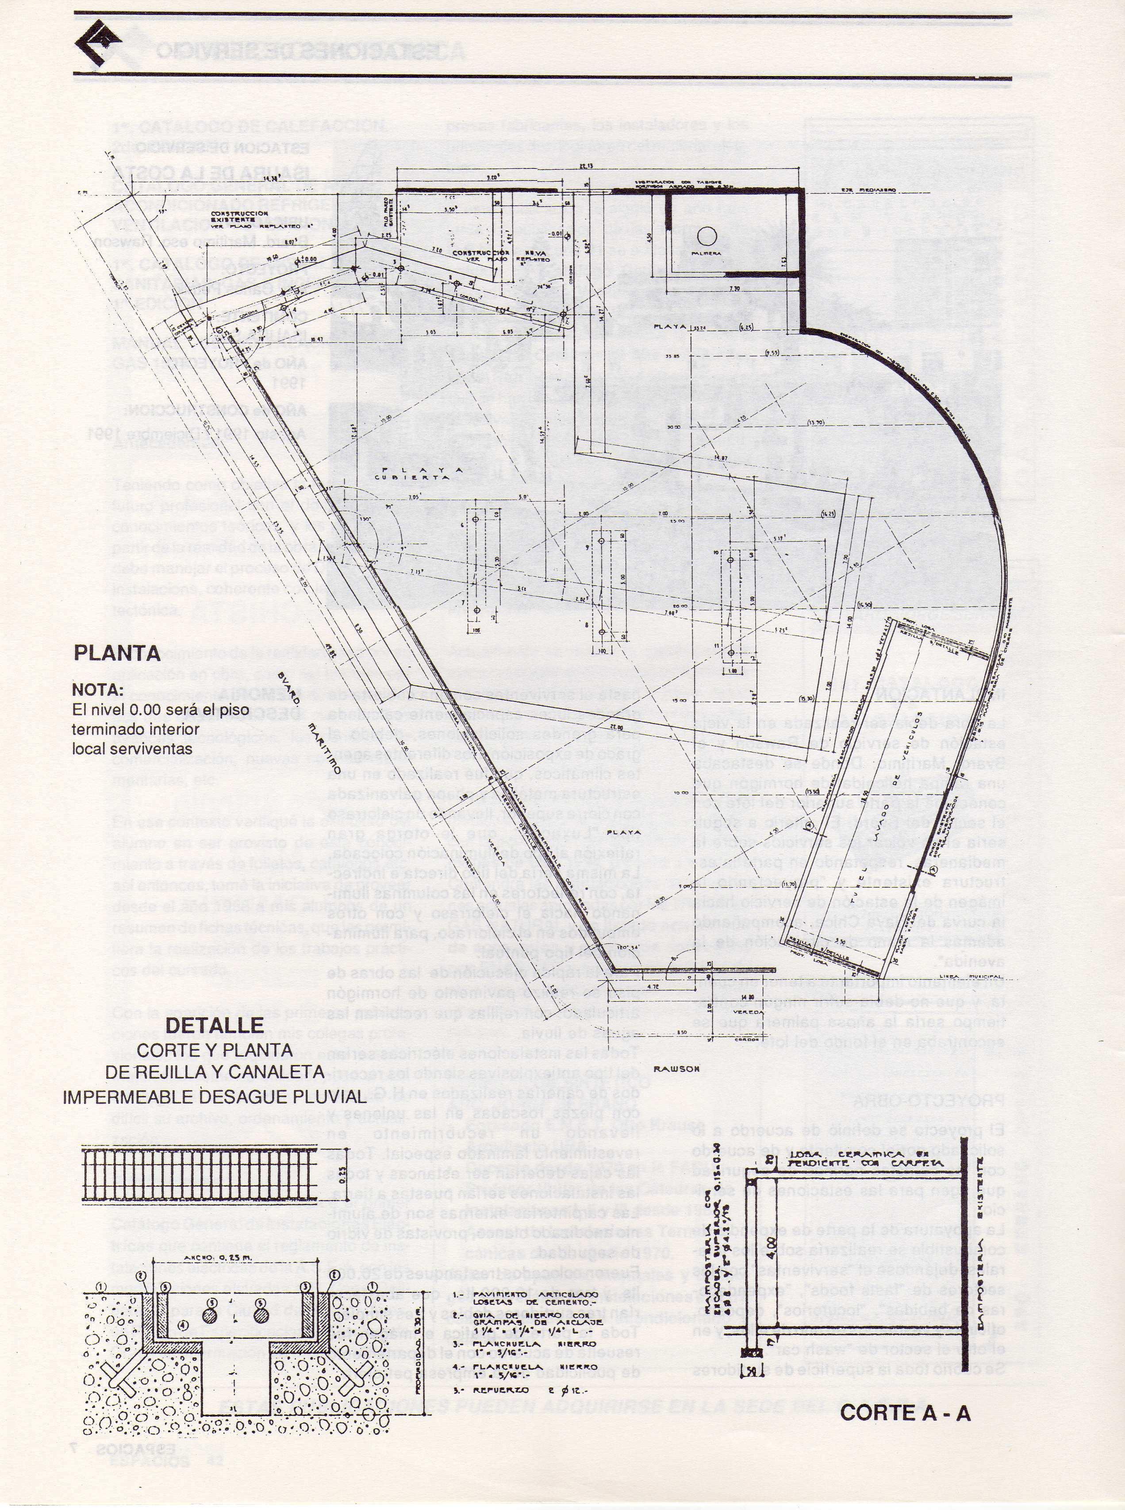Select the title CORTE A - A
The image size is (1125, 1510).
click(x=905, y=1413)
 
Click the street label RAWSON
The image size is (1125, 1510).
click(x=676, y=1069)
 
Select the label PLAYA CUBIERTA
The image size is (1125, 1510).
click(x=422, y=474)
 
